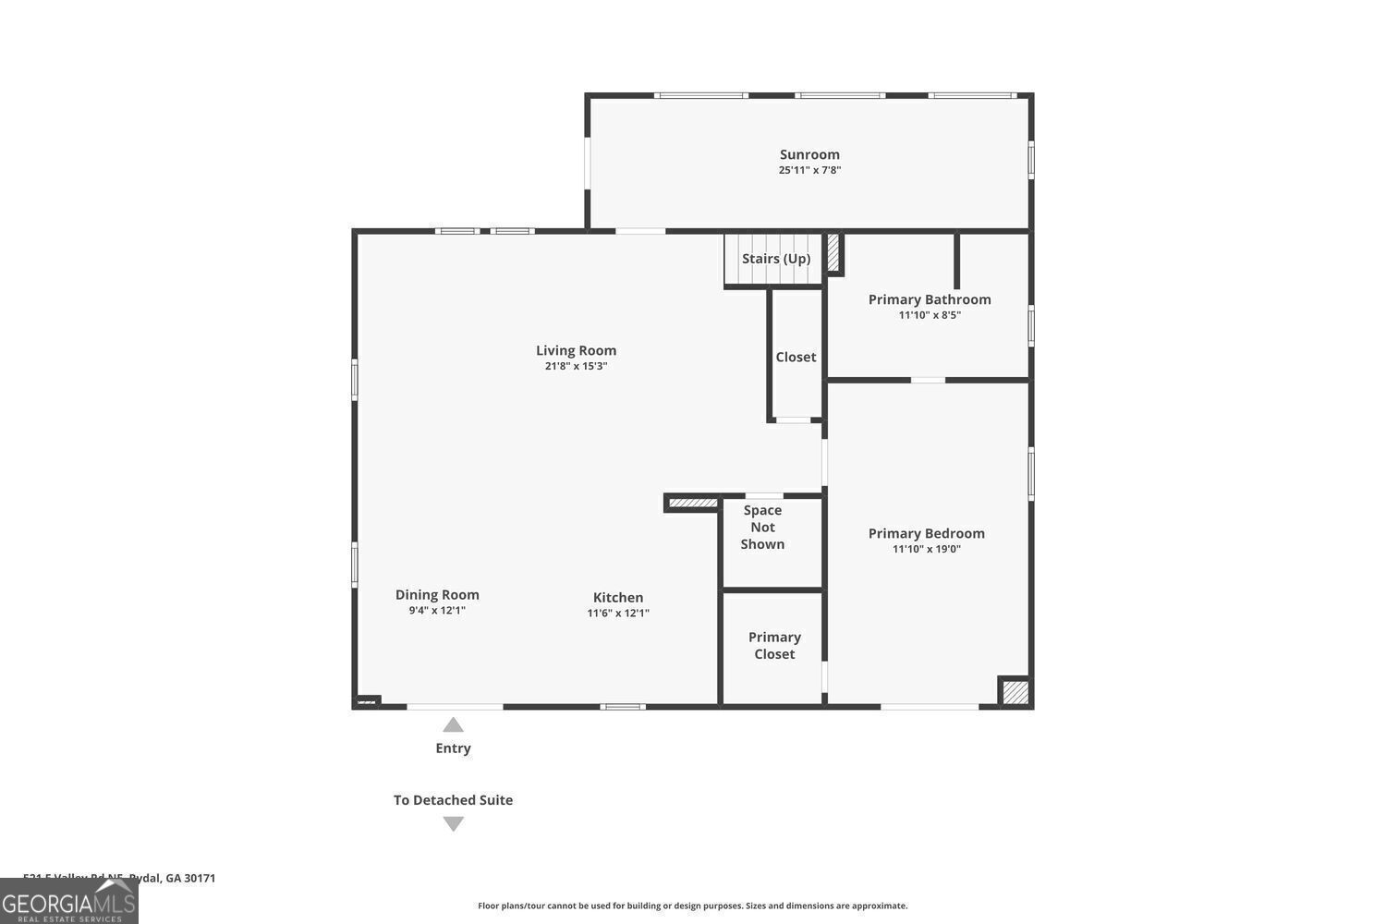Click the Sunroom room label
click(x=809, y=154)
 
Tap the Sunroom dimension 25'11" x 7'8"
click(x=809, y=170)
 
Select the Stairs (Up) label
click(x=776, y=259)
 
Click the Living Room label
click(x=576, y=350)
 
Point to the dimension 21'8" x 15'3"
click(x=576, y=366)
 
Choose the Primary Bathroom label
click(x=930, y=299)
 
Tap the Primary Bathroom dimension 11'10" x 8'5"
click(x=930, y=315)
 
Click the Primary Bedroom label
click(x=926, y=533)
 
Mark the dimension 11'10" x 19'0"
click(x=926, y=549)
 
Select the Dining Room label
click(x=437, y=595)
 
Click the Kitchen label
click(x=618, y=598)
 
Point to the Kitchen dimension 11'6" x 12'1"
click(x=618, y=614)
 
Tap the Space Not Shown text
click(x=762, y=527)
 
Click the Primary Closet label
click(x=774, y=646)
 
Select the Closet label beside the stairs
click(x=796, y=357)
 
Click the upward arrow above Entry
click(x=453, y=725)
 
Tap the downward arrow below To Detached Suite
click(x=453, y=823)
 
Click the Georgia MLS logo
click(x=68, y=902)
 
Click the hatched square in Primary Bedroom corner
click(x=1015, y=692)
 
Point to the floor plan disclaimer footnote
click(x=692, y=906)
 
